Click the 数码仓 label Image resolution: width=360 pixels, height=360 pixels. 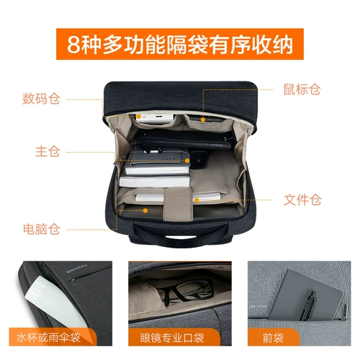click(x=40, y=99)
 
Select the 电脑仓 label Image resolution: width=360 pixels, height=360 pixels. click(x=40, y=229)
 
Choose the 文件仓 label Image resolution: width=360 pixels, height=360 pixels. click(x=302, y=199)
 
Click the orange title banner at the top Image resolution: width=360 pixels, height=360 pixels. click(x=180, y=45)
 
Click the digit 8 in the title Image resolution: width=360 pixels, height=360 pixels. click(x=73, y=45)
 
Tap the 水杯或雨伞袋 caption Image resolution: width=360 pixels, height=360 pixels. click(x=54, y=337)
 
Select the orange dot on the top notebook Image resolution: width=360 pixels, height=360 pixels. click(x=186, y=161)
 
